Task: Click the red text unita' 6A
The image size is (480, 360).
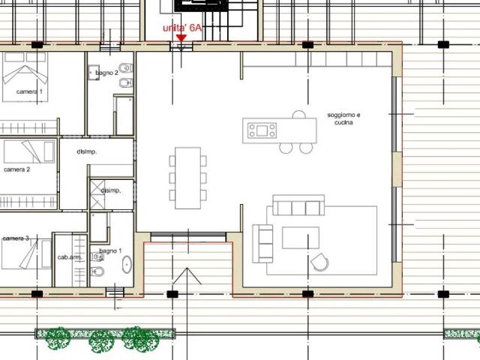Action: pyautogui.click(x=182, y=28)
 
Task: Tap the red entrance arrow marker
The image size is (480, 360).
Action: pyautogui.click(x=181, y=38)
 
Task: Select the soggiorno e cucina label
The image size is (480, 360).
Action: pyautogui.click(x=343, y=118)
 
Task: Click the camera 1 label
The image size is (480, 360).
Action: pyautogui.click(x=29, y=91)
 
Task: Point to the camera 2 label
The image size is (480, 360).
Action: pyautogui.click(x=16, y=169)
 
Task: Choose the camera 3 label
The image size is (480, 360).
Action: pyautogui.click(x=16, y=238)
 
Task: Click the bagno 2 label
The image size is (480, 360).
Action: pyautogui.click(x=106, y=73)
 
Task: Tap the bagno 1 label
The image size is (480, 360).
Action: pyautogui.click(x=110, y=251)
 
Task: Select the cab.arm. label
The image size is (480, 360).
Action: pyautogui.click(x=70, y=257)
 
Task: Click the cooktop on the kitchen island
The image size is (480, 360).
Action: pyautogui.click(x=262, y=130)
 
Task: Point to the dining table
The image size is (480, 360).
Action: pyautogui.click(x=188, y=178)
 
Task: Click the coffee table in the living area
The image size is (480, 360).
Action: pyautogui.click(x=301, y=238)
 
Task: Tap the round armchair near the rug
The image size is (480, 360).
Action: pyautogui.click(x=319, y=262)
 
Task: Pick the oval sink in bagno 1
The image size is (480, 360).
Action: pyautogui.click(x=127, y=265)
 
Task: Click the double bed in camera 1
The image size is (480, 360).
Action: pyautogui.click(x=25, y=76)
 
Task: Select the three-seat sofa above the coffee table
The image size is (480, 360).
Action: pyautogui.click(x=298, y=205)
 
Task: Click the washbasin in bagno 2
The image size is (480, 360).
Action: pyautogui.click(x=93, y=73)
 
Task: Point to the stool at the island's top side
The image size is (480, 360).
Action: pyautogui.click(x=298, y=114)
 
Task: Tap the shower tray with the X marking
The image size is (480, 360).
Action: pyautogui.click(x=97, y=194)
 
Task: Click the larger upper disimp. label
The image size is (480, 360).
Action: pyautogui.click(x=87, y=151)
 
